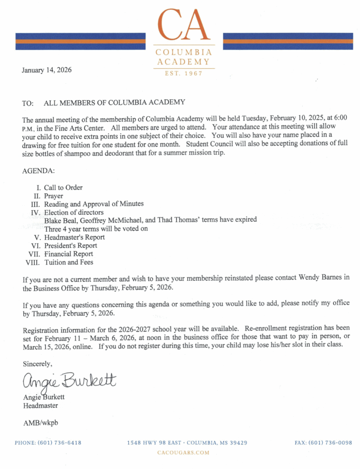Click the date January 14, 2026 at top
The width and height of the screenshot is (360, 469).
(46, 70)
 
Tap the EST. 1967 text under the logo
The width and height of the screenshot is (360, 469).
(184, 73)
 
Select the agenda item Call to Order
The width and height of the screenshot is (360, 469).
(63, 188)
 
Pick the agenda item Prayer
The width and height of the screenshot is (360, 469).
(54, 196)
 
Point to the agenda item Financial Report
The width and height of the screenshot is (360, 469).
(68, 254)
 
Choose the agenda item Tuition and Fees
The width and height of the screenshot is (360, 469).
(69, 262)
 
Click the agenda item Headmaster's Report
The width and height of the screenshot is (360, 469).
(74, 237)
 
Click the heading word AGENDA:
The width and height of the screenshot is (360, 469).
(38, 171)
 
